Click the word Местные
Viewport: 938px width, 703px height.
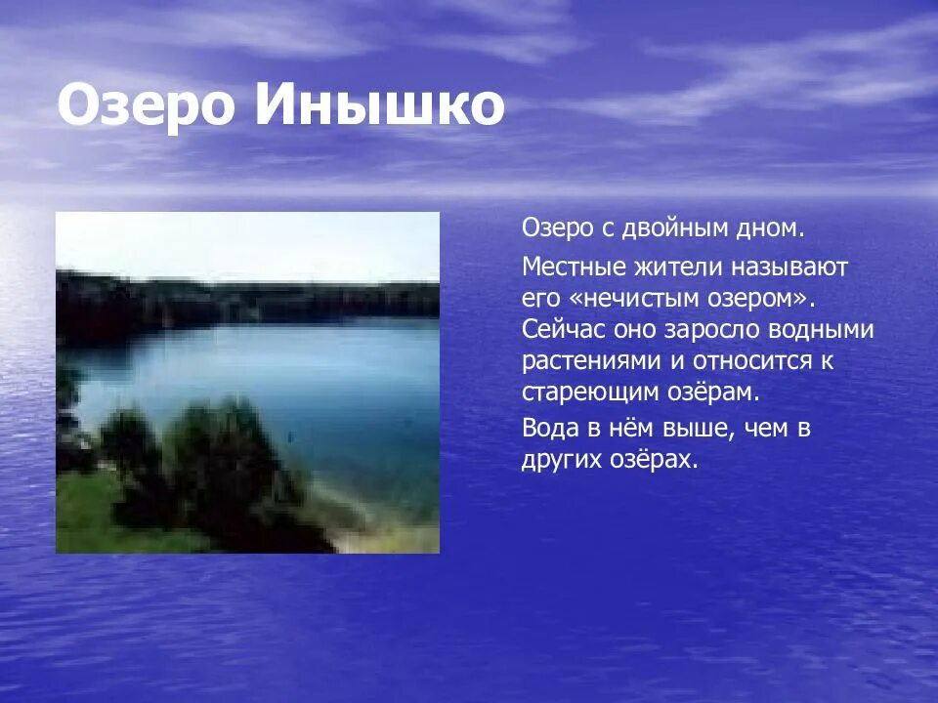click(565, 266)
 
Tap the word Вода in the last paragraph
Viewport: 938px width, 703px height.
click(549, 428)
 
